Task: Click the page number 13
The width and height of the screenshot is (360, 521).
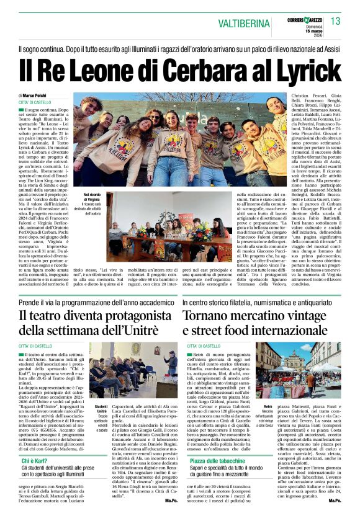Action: pos(335,21)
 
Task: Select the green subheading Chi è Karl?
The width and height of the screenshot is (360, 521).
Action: pos(37,461)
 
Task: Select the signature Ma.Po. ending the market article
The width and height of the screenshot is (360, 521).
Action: pos(335,517)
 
